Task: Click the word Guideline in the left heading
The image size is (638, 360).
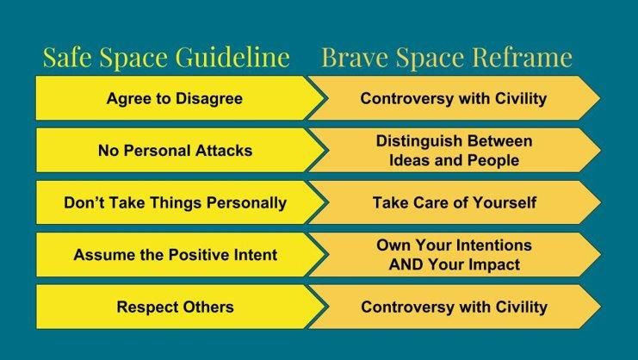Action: (x=233, y=56)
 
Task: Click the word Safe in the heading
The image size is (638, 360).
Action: (x=68, y=56)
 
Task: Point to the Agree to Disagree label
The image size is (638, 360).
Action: (x=175, y=98)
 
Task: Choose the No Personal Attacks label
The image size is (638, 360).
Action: (x=175, y=151)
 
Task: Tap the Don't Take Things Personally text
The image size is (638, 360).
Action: (x=175, y=202)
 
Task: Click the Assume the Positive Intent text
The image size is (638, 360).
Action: (x=176, y=255)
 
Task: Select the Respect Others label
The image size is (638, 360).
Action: (x=176, y=307)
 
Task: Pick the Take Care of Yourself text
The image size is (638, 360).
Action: (x=455, y=202)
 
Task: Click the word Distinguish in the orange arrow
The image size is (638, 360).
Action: (x=414, y=141)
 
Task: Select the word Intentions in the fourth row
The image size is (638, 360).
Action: (x=494, y=245)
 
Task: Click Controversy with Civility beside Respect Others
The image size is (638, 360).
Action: (x=454, y=307)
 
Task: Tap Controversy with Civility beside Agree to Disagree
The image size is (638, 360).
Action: (x=454, y=98)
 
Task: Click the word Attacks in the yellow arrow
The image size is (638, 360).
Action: (x=224, y=151)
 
